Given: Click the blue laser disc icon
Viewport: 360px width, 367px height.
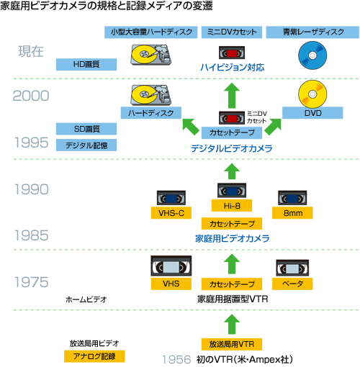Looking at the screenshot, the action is coord(312,55).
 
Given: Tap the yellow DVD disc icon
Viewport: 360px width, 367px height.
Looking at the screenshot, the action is coord(312,94).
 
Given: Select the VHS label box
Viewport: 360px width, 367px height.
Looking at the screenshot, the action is coord(171,284).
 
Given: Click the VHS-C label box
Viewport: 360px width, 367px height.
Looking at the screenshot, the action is coord(171,213).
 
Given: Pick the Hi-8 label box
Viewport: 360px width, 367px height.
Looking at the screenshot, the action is coord(232,206).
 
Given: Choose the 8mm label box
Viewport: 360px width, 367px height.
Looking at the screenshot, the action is coord(292,213).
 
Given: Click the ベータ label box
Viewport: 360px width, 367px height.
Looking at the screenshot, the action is coord(292,284).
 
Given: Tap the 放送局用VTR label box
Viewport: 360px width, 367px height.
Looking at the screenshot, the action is coord(232,344).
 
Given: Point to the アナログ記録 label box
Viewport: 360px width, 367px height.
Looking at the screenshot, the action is coord(94,356).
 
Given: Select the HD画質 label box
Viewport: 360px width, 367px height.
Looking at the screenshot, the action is coord(86,64).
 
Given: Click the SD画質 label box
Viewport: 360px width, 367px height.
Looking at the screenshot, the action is coord(86,129).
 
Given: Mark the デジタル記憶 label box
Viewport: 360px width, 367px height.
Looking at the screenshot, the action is coord(86,145).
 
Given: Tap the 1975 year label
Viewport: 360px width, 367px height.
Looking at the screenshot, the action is coord(32,282).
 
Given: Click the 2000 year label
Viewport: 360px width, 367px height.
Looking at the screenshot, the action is coord(31,96).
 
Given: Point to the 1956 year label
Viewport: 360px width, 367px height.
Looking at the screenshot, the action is coord(176,359).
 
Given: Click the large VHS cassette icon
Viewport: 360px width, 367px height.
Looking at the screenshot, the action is coord(171,266).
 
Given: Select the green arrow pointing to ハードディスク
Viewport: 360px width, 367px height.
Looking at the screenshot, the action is coord(190,127).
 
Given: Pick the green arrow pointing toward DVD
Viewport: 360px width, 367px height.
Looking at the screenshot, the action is coord(273,127).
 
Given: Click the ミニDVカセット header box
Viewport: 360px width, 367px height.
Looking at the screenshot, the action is coord(232,32).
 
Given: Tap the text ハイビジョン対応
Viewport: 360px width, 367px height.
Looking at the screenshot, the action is coord(232,68).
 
